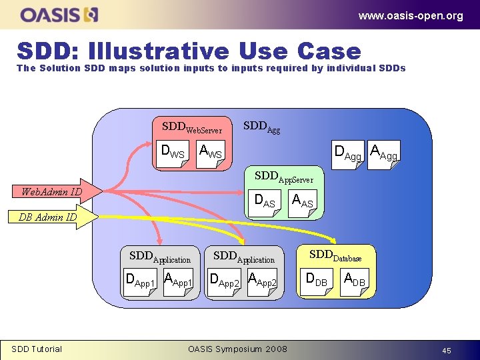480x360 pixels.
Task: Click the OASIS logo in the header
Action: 59,14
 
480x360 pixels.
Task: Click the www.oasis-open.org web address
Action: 410,16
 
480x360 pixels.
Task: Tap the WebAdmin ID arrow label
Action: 52,192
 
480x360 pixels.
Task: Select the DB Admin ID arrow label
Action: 47,217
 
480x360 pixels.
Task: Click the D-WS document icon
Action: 175,153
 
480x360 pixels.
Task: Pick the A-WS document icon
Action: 211,153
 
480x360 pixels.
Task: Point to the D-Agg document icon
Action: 348,154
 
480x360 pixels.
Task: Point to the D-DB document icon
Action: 317,279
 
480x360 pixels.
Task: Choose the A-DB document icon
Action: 354,279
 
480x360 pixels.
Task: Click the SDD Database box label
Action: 336,255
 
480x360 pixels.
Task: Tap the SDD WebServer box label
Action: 192,127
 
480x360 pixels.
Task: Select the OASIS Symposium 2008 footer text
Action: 238,349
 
